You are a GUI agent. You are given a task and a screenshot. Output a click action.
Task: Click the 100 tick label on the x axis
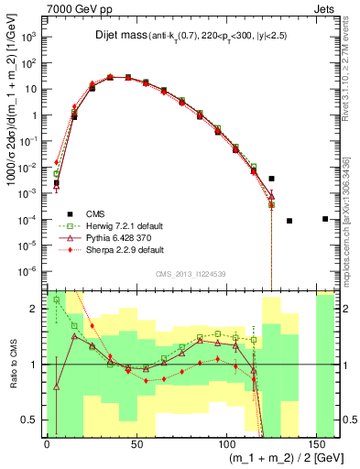coord(227,443)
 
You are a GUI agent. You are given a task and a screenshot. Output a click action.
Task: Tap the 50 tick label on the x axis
coord(136,443)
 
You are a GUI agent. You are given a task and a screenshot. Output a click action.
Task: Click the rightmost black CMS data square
coord(325,219)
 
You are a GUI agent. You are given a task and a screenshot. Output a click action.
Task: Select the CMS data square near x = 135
coord(289,221)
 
